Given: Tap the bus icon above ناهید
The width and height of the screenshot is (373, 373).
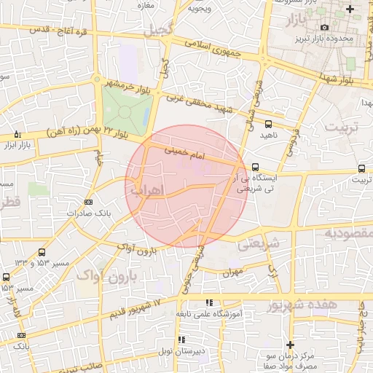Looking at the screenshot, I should [270, 124].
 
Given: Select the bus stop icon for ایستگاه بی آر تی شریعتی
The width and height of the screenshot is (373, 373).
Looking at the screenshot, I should [254, 167].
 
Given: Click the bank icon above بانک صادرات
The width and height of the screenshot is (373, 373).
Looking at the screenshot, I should [89, 202].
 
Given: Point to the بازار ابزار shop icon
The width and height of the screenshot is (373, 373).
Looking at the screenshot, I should [18, 135].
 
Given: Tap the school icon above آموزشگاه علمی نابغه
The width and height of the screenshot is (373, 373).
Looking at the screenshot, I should [209, 302].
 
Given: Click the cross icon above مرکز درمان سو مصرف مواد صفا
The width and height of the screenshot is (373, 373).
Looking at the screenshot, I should [290, 344].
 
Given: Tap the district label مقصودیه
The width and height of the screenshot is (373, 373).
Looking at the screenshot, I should [348, 234].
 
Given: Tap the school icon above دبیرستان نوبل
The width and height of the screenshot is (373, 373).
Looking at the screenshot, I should [181, 339].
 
